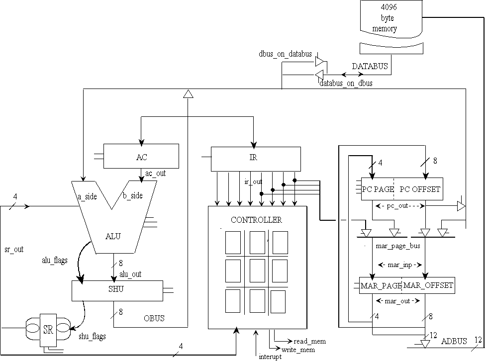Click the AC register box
[x=141, y=157]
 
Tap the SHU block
[x=117, y=290]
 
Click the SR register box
[x=49, y=329]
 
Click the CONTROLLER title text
[x=256, y=219]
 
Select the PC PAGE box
[x=376, y=189]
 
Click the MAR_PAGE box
[x=381, y=285]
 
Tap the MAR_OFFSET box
[x=428, y=285]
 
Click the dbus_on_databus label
[x=285, y=54]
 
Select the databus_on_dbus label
[x=346, y=83]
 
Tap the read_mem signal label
[x=309, y=341]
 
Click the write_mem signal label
[x=298, y=350]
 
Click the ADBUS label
[x=454, y=341]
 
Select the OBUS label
[x=154, y=318]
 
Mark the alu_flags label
[x=54, y=260]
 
